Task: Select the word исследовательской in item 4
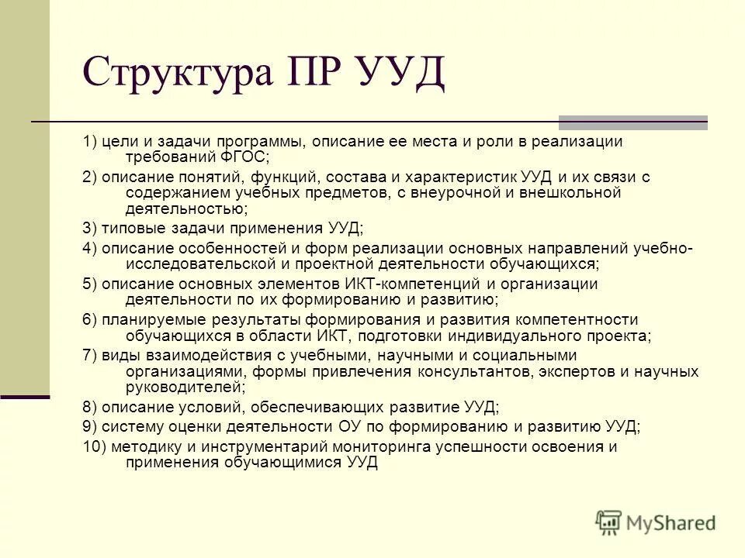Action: pos(191,264)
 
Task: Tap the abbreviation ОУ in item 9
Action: pos(348,426)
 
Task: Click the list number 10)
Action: pos(95,447)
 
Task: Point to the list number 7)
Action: pos(91,356)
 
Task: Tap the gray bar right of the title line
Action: pos(633,122)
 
